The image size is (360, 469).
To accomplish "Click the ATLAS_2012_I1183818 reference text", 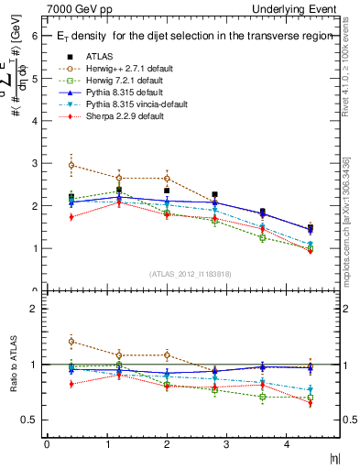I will (191, 274).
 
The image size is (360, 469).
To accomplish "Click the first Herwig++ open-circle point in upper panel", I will (71, 166).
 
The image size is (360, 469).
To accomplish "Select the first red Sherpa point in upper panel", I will (71, 217).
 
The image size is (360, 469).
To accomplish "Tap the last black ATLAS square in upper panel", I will (310, 228).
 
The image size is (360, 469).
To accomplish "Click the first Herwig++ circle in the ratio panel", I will (71, 342).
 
